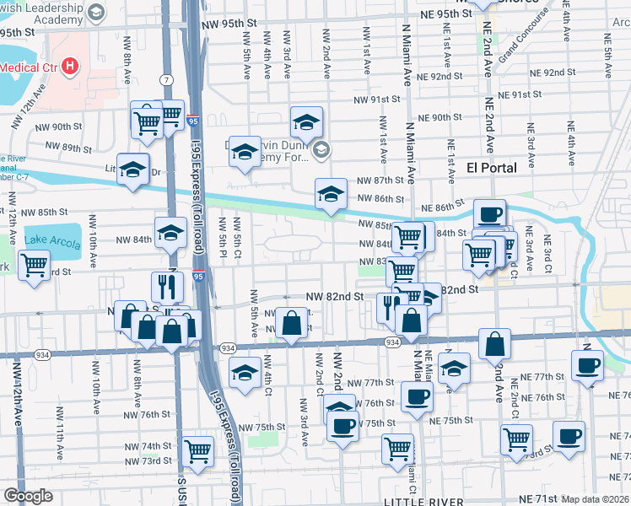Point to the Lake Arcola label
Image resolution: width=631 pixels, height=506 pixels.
[52, 240]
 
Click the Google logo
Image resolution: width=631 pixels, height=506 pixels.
[28, 496]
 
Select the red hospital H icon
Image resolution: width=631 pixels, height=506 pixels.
[70, 65]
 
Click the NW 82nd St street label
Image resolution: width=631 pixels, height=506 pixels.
[334, 297]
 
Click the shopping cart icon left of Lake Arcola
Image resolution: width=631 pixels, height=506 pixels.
[35, 266]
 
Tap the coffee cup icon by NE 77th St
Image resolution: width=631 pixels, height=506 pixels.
[588, 365]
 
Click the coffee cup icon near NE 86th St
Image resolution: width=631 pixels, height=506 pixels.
[489, 214]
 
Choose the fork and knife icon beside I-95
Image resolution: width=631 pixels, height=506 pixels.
[167, 287]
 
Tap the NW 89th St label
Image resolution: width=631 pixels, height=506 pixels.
[68, 147]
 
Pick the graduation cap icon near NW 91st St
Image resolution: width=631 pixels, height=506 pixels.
[306, 122]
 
